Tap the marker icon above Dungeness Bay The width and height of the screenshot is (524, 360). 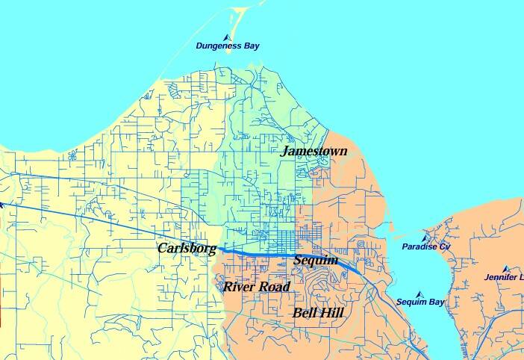click(227, 37)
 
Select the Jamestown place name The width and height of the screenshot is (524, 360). click(314, 152)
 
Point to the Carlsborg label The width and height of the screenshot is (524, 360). click(187, 248)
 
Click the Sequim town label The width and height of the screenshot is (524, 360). click(316, 261)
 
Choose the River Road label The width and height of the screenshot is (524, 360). click(257, 287)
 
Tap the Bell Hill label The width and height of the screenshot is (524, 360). click(318, 313)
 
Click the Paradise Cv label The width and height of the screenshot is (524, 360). click(426, 247)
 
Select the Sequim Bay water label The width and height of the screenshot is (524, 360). click(419, 302)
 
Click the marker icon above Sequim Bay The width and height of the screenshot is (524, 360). click(419, 294)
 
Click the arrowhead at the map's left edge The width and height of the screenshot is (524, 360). click(2, 203)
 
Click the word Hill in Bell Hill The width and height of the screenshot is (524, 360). click(331, 313)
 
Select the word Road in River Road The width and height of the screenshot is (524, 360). click(274, 287)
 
